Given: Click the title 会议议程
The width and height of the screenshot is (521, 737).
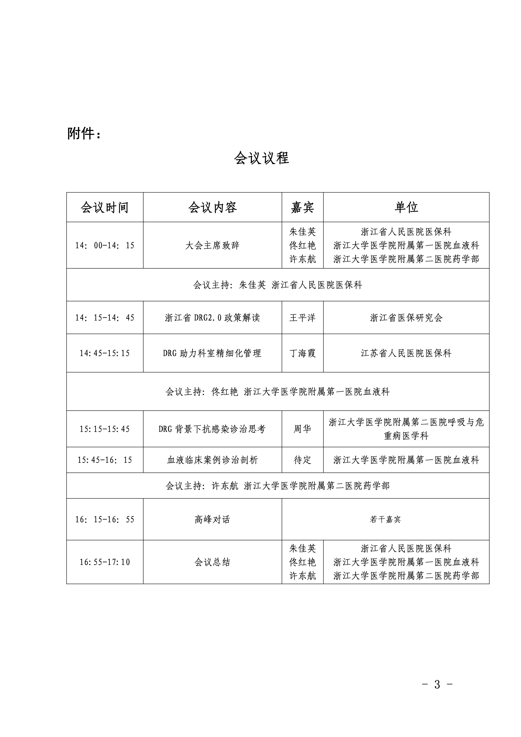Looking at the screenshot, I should [262, 158].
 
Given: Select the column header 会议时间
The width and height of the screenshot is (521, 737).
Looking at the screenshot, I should [105, 208].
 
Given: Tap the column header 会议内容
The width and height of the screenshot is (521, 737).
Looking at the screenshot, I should [212, 208].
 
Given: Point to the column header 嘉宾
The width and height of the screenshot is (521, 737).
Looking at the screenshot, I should [302, 208].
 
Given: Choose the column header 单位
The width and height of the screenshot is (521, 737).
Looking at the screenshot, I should [406, 207].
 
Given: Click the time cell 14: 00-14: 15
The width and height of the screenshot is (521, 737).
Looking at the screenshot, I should [105, 245].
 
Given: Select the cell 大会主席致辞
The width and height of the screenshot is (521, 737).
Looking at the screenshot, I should [212, 245].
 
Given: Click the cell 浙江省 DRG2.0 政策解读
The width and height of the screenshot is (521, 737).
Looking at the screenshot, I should [212, 318].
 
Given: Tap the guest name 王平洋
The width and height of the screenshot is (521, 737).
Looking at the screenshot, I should [302, 318].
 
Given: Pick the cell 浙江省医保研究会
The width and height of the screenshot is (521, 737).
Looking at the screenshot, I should [406, 318].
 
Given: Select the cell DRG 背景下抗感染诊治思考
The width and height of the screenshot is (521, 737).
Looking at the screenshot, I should [212, 429].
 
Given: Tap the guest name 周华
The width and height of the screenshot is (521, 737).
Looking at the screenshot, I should [302, 429].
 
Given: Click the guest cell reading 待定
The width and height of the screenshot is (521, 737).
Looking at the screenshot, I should [302, 460].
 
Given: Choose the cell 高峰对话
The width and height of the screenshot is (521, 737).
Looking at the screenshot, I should [212, 519].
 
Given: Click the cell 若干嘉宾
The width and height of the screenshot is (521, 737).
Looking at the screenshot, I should [385, 519].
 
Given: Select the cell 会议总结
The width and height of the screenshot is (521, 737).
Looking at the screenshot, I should [212, 562].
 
